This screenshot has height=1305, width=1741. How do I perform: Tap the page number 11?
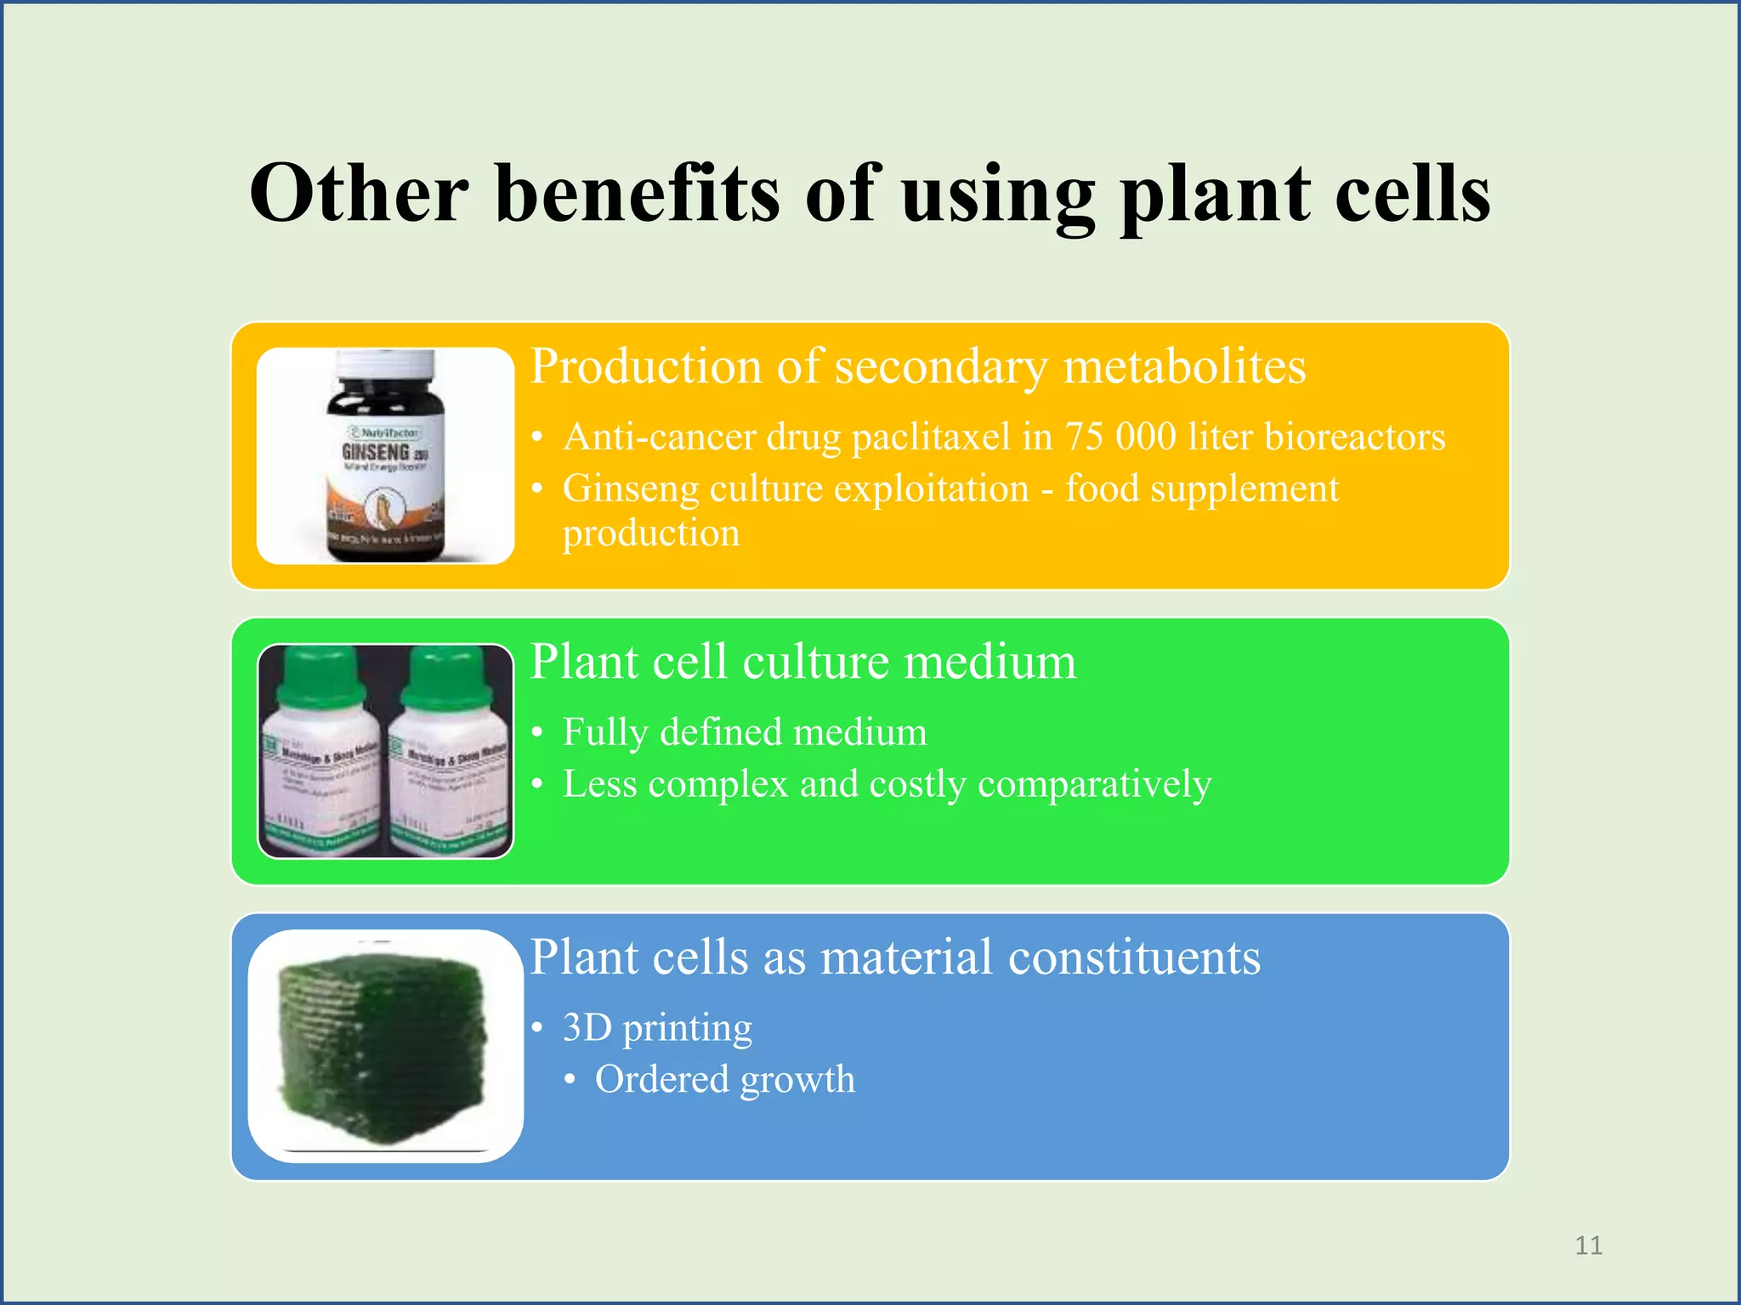click(x=1588, y=1246)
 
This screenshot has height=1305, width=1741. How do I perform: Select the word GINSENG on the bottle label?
click(x=375, y=453)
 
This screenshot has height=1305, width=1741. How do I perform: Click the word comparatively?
click(x=1094, y=784)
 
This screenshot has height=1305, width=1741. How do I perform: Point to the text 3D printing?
click(x=657, y=1028)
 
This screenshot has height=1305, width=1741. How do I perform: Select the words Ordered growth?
click(x=724, y=1080)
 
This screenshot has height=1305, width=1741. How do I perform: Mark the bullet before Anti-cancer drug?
click(x=537, y=438)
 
